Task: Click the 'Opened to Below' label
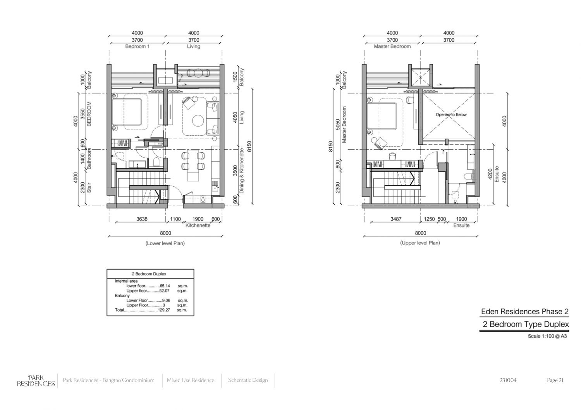coord(451,114)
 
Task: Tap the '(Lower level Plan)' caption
coord(165,243)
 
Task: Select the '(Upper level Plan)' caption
coord(420,243)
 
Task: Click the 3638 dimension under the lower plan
coord(142,219)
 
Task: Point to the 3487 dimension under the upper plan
coord(396,219)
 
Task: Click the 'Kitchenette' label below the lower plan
coord(198,226)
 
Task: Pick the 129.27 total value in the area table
coord(164,310)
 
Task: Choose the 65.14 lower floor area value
coord(165,286)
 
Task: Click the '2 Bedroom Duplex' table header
coord(149,274)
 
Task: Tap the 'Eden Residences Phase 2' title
coord(525,311)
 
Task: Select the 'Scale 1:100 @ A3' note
coord(547,336)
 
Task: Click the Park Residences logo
coord(36,381)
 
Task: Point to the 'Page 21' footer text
coord(555,380)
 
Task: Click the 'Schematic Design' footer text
coord(248,380)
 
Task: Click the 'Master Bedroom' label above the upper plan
coord(392,46)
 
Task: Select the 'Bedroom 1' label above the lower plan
coord(137,46)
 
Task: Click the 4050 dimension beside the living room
coord(235,117)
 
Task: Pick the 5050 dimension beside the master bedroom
coord(337,124)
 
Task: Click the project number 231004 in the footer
coord(508,380)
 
